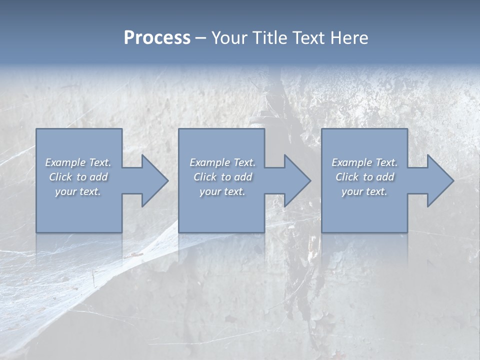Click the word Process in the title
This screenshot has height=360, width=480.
157,38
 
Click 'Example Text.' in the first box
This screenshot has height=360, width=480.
78,162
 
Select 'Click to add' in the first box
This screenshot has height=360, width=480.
78,177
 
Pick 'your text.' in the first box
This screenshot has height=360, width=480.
78,191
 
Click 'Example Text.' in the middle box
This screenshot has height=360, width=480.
222,162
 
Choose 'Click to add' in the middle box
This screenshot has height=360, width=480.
223,177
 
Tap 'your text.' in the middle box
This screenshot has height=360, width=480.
222,191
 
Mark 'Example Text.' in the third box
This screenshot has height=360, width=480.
364,162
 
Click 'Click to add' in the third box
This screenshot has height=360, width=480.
365,177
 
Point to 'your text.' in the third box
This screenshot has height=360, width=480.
364,191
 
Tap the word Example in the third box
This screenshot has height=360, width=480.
352,162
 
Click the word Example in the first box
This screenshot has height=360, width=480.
65,162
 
